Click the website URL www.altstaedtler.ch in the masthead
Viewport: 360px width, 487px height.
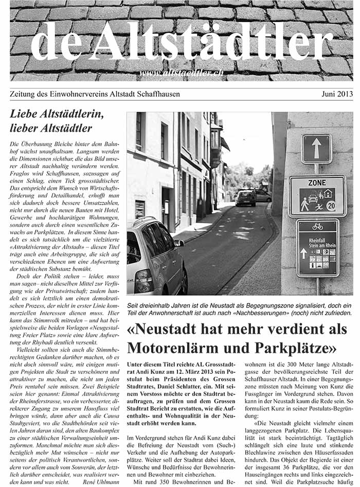click(x=182, y=73)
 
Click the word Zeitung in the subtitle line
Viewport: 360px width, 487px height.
click(x=24, y=94)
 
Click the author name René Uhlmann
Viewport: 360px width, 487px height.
click(x=102, y=482)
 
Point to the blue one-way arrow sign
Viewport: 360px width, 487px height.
click(x=316, y=149)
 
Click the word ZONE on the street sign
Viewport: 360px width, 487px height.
click(x=317, y=183)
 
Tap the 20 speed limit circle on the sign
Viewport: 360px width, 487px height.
click(x=331, y=205)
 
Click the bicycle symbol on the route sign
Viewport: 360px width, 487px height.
click(x=317, y=226)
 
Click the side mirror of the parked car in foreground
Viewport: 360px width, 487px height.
click(x=179, y=243)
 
